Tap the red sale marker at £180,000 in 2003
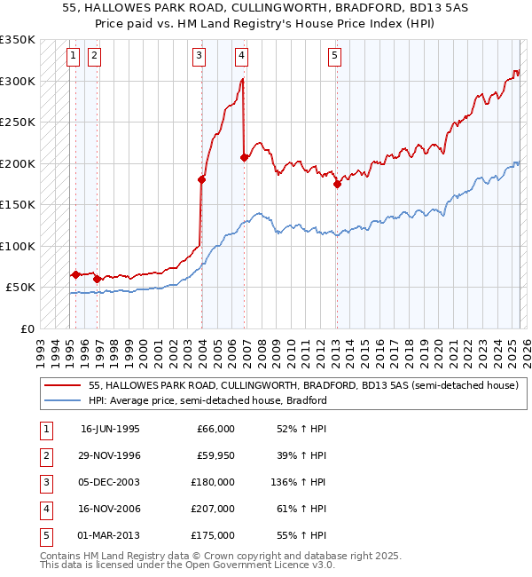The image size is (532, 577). [202, 179]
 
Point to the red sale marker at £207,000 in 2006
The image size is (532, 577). [244, 158]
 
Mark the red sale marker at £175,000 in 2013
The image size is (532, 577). [337, 185]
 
